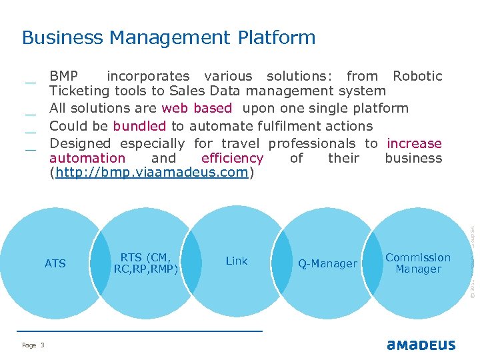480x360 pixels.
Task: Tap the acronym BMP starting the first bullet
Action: tap(64, 77)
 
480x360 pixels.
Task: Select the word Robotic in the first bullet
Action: tap(417, 77)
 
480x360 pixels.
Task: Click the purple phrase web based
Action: tap(197, 108)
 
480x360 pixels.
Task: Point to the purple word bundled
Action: tap(139, 126)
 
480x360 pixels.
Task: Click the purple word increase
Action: tap(414, 143)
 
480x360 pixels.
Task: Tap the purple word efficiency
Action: tap(232, 159)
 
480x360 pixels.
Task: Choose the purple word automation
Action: tap(87, 159)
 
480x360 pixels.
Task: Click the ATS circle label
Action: tap(55, 264)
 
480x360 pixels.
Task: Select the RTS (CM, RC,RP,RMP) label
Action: tap(146, 263)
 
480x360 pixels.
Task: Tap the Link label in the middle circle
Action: tap(237, 261)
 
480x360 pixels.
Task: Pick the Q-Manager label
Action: tap(327, 264)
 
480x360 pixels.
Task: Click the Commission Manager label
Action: tap(418, 263)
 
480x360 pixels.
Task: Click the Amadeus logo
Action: tap(421, 345)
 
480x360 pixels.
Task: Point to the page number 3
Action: tap(42, 345)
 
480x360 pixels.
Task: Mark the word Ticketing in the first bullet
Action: tap(79, 91)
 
